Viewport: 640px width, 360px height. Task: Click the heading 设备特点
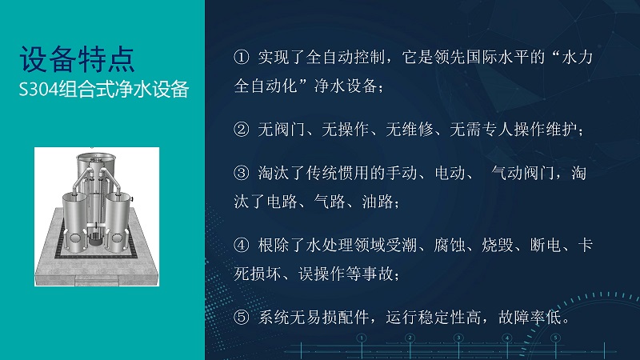(77, 59)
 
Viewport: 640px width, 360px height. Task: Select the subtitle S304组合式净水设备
(104, 90)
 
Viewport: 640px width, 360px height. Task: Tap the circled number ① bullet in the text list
(242, 57)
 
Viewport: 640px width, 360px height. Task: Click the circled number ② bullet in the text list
(242, 130)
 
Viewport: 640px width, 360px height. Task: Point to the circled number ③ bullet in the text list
(242, 173)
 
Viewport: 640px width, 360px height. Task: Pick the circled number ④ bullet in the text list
(242, 245)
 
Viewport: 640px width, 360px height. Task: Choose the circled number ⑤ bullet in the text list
(242, 317)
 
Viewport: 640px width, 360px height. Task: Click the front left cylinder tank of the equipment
(74, 223)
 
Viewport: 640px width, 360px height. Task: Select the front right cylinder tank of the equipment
(118, 223)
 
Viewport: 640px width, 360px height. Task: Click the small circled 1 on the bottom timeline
(362, 338)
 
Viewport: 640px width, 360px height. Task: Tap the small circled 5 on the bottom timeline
(555, 338)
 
